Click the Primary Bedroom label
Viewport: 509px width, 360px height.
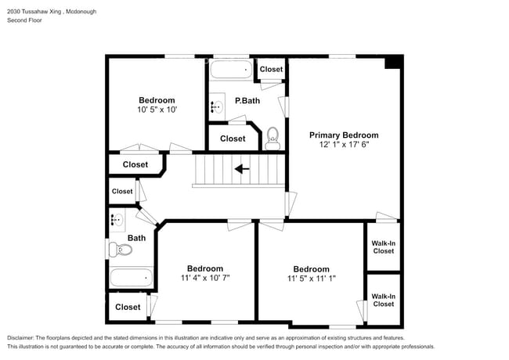click(x=344, y=135)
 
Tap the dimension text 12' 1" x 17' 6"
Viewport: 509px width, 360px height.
click(x=344, y=144)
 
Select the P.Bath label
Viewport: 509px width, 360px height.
click(x=247, y=101)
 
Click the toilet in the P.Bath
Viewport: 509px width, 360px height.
click(x=273, y=139)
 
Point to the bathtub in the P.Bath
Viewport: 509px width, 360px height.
click(x=231, y=70)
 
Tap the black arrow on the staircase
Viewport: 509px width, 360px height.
click(x=242, y=169)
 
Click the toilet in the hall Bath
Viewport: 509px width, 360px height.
click(x=121, y=250)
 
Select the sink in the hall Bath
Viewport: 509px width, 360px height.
click(x=117, y=220)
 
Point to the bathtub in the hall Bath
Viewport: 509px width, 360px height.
click(x=131, y=278)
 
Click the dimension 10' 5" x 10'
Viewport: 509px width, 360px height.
click(x=157, y=110)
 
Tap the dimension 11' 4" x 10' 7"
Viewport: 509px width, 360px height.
click(x=205, y=278)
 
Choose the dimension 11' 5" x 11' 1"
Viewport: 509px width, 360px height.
click(x=312, y=279)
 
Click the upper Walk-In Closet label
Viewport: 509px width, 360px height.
click(x=384, y=247)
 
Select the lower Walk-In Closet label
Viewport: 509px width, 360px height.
click(x=384, y=301)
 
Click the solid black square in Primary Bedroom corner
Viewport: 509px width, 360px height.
click(x=392, y=62)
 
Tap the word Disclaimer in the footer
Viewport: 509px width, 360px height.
click(x=20, y=338)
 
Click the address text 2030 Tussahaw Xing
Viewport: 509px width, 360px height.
click(x=34, y=12)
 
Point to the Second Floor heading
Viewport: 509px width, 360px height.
click(x=24, y=20)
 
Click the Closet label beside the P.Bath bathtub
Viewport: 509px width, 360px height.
click(x=272, y=69)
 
